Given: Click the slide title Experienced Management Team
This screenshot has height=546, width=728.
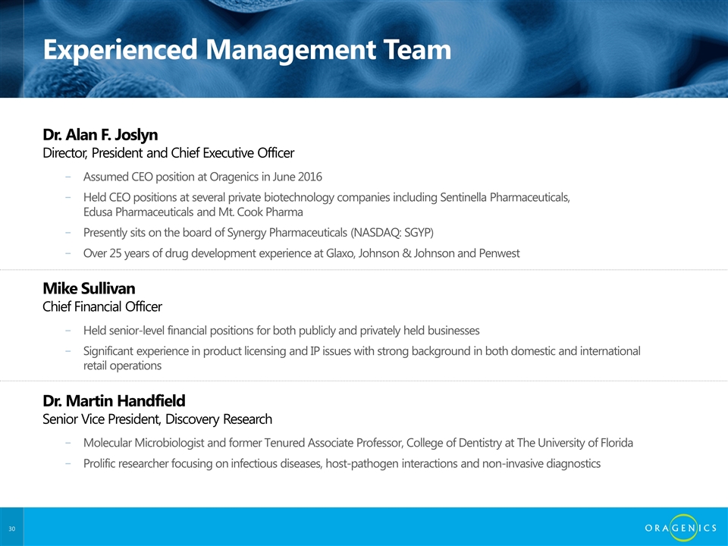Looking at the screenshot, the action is (247, 50).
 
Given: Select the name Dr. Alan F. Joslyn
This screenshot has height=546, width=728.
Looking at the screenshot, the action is (100, 135).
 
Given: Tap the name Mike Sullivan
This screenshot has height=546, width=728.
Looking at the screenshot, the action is (89, 288).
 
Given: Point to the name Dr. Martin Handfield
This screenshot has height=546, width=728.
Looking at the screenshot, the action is (115, 400).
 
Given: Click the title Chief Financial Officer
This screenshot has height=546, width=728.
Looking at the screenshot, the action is (102, 306).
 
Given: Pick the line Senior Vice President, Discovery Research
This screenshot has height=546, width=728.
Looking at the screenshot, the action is (158, 419).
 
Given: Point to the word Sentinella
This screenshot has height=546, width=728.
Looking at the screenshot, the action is (463, 197).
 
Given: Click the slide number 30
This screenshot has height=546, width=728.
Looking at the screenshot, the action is (11, 529).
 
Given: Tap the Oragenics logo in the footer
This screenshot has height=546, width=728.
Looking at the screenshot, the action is (681, 528).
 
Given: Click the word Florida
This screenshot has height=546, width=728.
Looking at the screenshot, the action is (617, 443).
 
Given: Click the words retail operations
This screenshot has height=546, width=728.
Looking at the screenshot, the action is (123, 366).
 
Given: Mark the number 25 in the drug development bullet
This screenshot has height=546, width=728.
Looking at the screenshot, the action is (115, 253).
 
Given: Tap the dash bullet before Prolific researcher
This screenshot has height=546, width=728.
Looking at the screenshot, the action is (68, 463).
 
